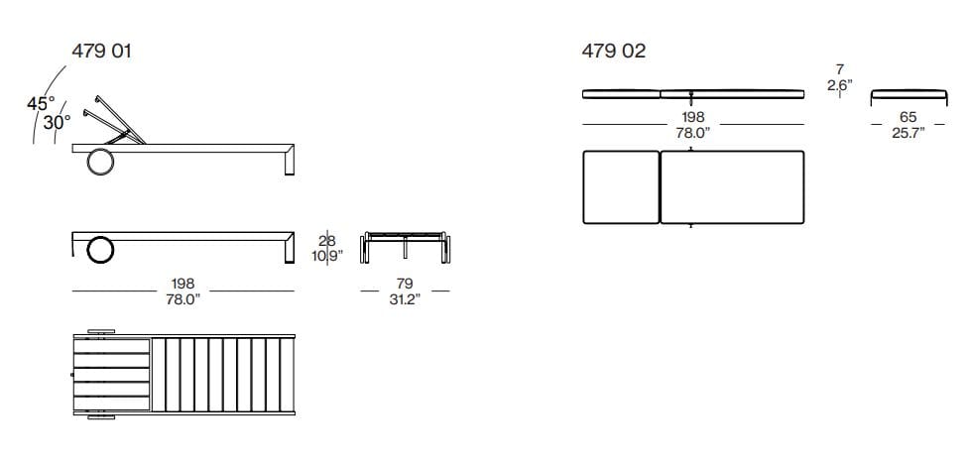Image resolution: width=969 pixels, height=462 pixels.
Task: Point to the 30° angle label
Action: (57, 122)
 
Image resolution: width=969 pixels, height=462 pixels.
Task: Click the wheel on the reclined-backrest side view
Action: (100, 161)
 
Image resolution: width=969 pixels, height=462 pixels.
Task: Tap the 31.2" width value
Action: (404, 299)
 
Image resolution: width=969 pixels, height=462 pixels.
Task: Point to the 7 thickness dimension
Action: (839, 70)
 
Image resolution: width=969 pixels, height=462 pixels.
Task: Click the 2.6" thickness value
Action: (839, 86)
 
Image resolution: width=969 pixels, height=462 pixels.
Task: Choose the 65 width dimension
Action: (908, 117)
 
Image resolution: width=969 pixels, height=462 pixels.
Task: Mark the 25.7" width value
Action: (908, 132)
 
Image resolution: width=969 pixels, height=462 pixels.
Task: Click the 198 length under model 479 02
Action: (692, 117)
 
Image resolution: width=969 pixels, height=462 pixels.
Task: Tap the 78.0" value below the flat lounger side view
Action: (184, 299)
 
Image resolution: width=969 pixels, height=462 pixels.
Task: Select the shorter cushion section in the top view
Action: (621, 186)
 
